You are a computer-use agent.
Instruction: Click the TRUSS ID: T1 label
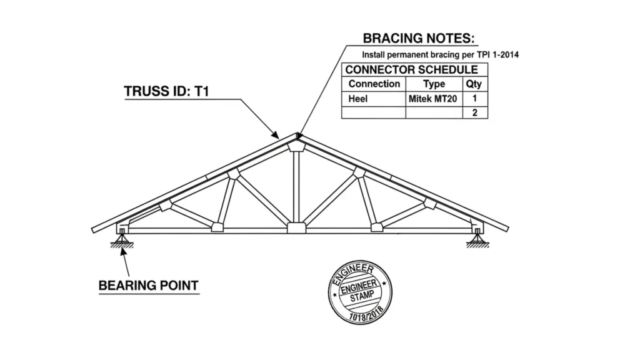tap(166, 91)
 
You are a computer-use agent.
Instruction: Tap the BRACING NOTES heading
tap(419, 39)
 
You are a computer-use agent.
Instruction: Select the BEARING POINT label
tap(149, 286)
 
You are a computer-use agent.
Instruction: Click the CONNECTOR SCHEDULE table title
tap(411, 70)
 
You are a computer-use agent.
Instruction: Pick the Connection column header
tap(374, 84)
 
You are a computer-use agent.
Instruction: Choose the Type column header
tap(434, 84)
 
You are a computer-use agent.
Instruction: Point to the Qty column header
tap(474, 84)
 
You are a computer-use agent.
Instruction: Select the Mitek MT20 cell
tap(434, 98)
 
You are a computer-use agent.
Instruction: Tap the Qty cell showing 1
tap(475, 98)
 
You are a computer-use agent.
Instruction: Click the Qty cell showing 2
tap(475, 112)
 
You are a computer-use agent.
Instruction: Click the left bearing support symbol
tap(119, 237)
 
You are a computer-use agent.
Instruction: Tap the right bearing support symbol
tap(476, 237)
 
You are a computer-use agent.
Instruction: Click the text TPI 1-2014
tap(497, 55)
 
